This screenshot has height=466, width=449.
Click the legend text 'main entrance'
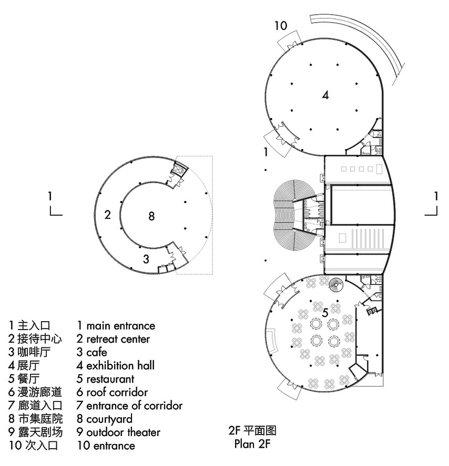(120, 326)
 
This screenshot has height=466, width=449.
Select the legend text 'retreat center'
(118, 339)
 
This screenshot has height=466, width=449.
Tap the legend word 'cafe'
(97, 352)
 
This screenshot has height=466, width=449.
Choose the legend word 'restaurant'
(110, 379)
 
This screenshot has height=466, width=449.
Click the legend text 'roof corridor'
(117, 392)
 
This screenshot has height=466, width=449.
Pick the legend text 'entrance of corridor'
(134, 406)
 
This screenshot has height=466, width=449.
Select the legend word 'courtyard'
(109, 419)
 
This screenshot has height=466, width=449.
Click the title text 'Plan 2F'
(253, 444)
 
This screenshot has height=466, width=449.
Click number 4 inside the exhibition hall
(325, 96)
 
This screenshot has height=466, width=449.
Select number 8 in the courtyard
(151, 216)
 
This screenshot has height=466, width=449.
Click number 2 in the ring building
(107, 215)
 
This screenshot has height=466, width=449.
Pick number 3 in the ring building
(146, 259)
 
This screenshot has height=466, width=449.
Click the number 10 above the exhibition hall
(281, 26)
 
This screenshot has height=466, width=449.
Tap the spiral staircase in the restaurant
(334, 286)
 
